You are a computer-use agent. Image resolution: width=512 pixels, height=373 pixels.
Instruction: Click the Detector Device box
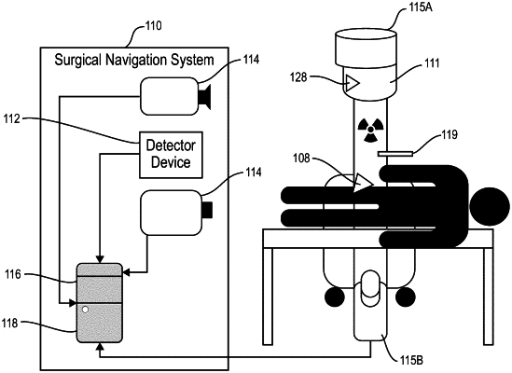[x=171, y=155]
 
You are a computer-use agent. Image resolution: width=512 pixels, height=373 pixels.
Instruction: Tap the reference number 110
[x=153, y=25]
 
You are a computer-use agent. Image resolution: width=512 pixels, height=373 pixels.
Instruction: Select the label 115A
[x=421, y=7]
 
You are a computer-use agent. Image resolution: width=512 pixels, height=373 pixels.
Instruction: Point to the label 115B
[x=412, y=361]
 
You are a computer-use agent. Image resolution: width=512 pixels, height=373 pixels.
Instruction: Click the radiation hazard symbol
[x=370, y=130]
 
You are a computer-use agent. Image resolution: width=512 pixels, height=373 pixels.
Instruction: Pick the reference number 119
[x=450, y=134]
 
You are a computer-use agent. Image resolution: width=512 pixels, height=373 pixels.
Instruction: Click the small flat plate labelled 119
[x=395, y=154]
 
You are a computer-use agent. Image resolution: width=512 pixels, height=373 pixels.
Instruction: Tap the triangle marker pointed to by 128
[x=353, y=83]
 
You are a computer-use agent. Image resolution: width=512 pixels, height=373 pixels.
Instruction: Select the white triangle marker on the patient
[x=363, y=183]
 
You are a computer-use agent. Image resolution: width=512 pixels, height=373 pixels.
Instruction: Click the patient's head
[x=490, y=207]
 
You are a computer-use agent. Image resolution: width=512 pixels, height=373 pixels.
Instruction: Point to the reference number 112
[x=12, y=118]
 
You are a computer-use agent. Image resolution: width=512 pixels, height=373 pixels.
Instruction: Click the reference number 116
[x=13, y=275]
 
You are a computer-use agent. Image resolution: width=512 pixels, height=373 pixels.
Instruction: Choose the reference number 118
[x=10, y=324]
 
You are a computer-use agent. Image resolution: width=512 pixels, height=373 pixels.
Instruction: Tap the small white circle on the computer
[x=85, y=310]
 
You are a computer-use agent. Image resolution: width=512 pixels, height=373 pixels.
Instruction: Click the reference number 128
[x=298, y=77]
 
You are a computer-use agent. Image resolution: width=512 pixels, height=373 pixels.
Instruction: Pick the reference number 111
[x=432, y=63]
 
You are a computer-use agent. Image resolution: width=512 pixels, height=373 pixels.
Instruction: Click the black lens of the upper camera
[x=205, y=96]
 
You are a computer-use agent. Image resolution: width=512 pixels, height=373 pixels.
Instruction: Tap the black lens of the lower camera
[x=207, y=210]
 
